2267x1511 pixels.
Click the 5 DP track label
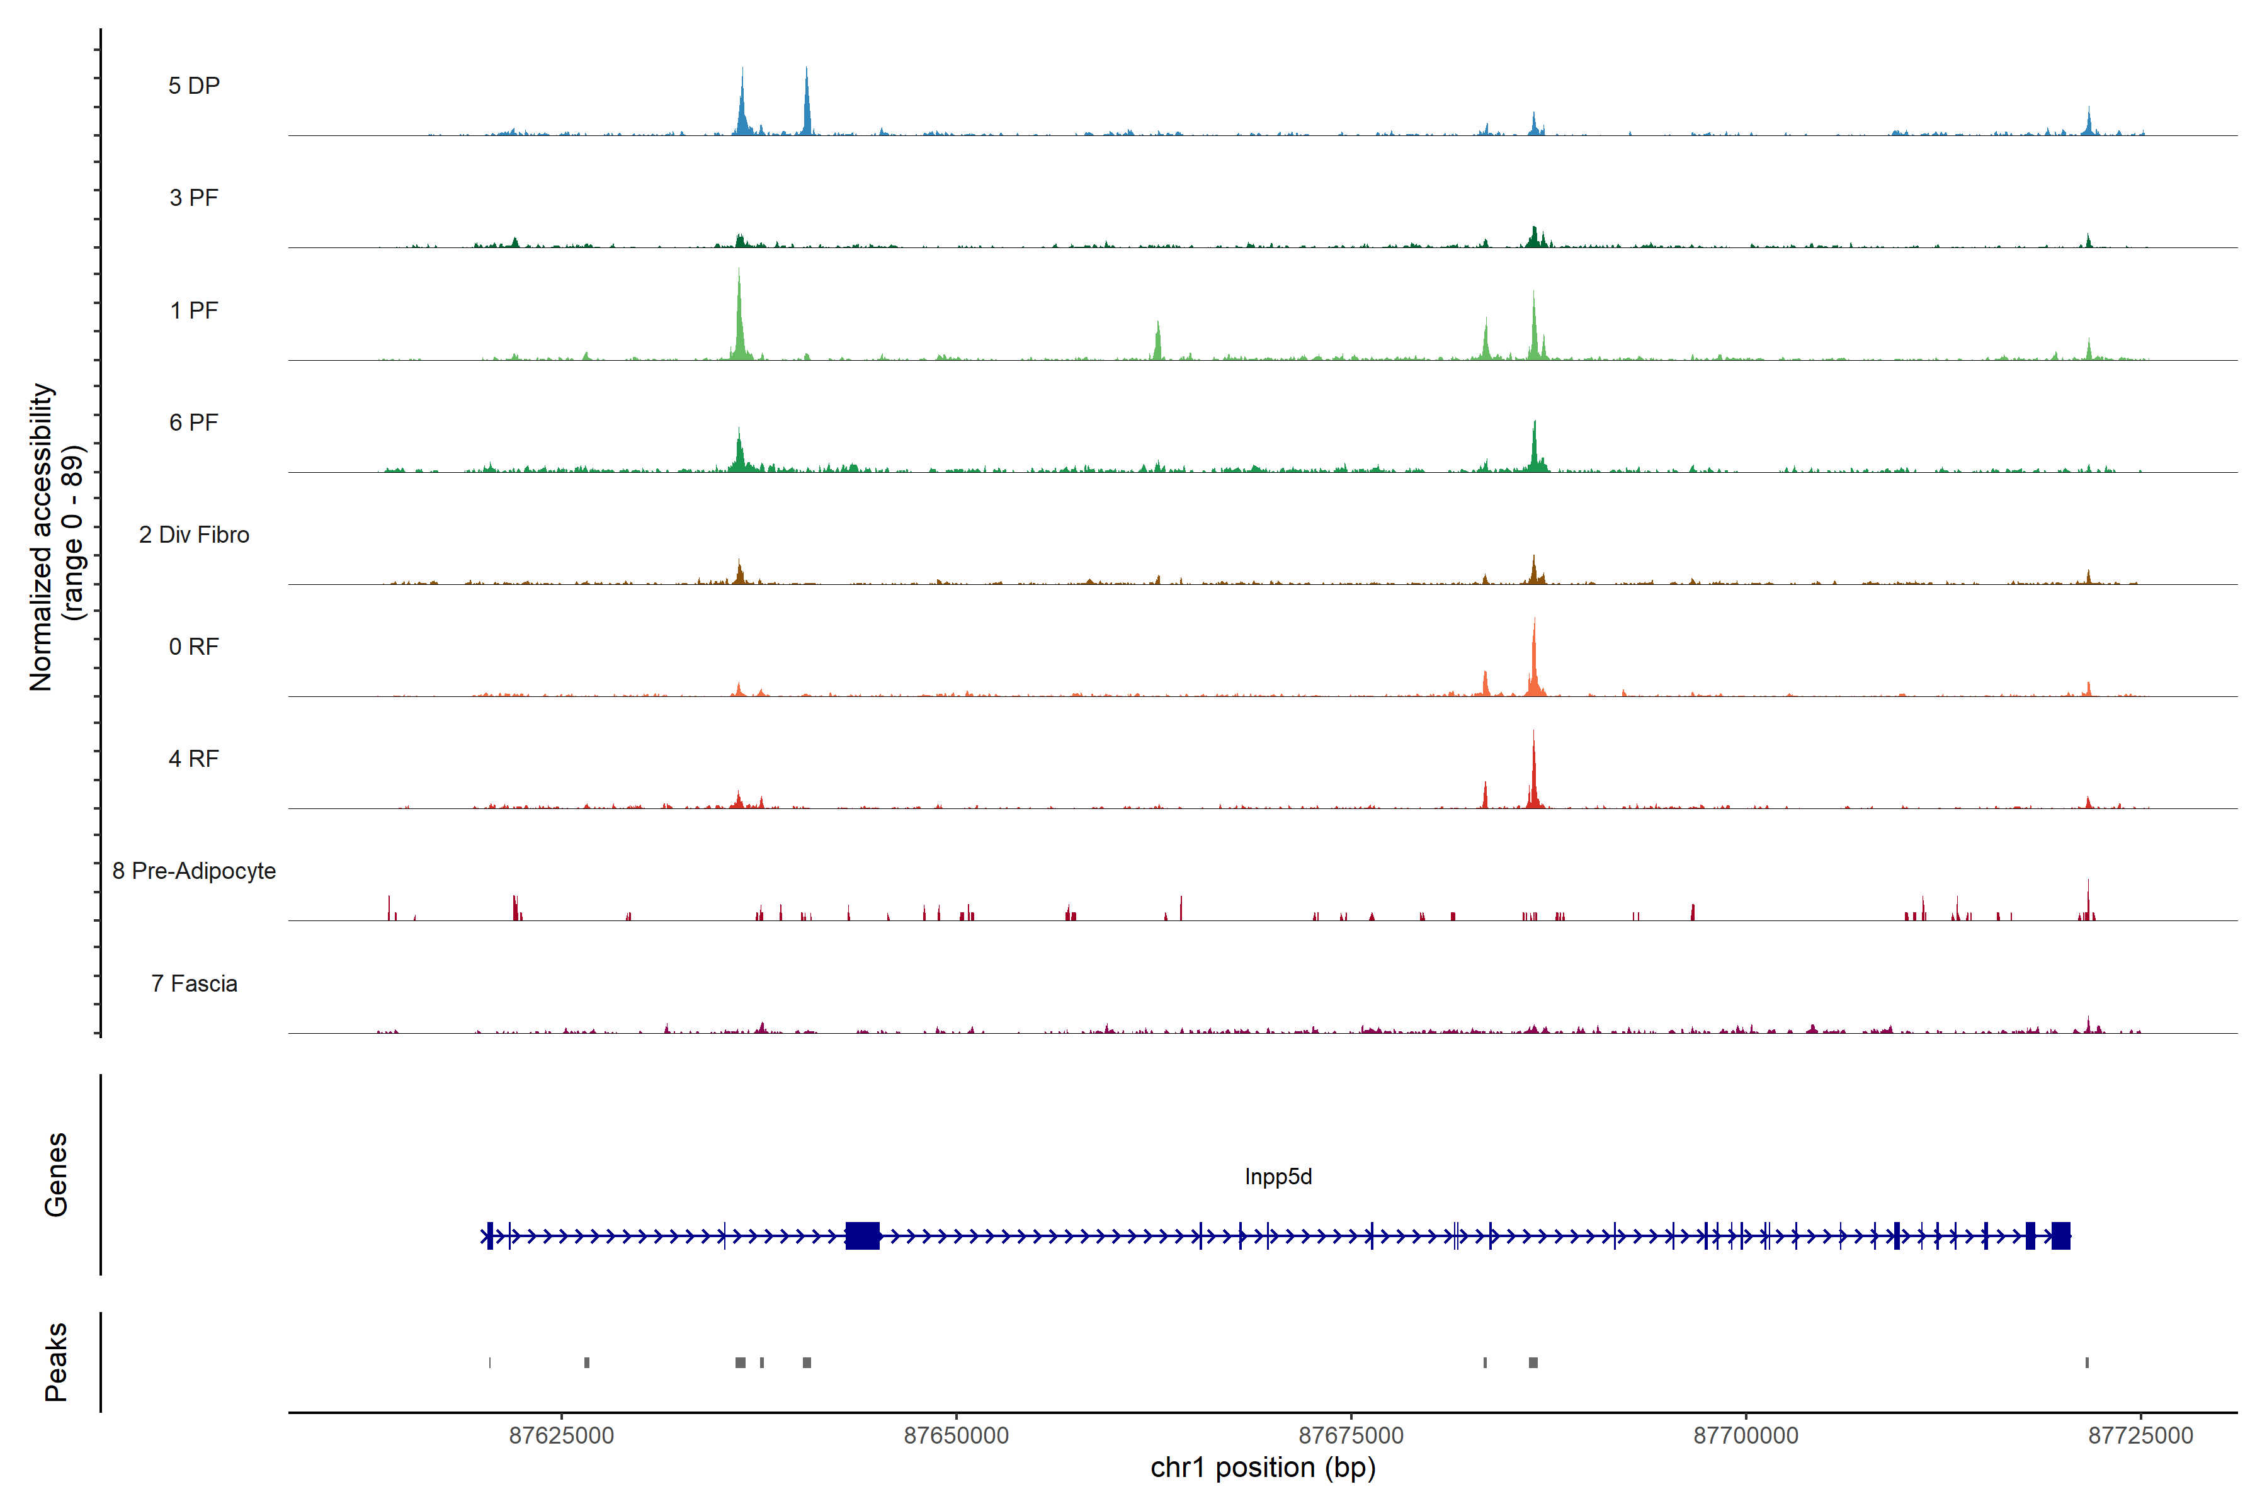(194, 86)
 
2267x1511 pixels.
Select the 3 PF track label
(194, 198)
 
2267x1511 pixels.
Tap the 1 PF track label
(194, 310)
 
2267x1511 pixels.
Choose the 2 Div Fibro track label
(194, 535)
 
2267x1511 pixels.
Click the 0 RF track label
(194, 647)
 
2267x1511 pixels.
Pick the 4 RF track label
(194, 759)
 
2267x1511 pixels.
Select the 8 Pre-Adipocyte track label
(194, 871)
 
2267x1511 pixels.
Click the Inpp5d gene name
(1278, 1177)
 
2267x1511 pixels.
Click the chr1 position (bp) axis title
(1263, 1468)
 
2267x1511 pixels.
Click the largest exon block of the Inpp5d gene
(863, 1235)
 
